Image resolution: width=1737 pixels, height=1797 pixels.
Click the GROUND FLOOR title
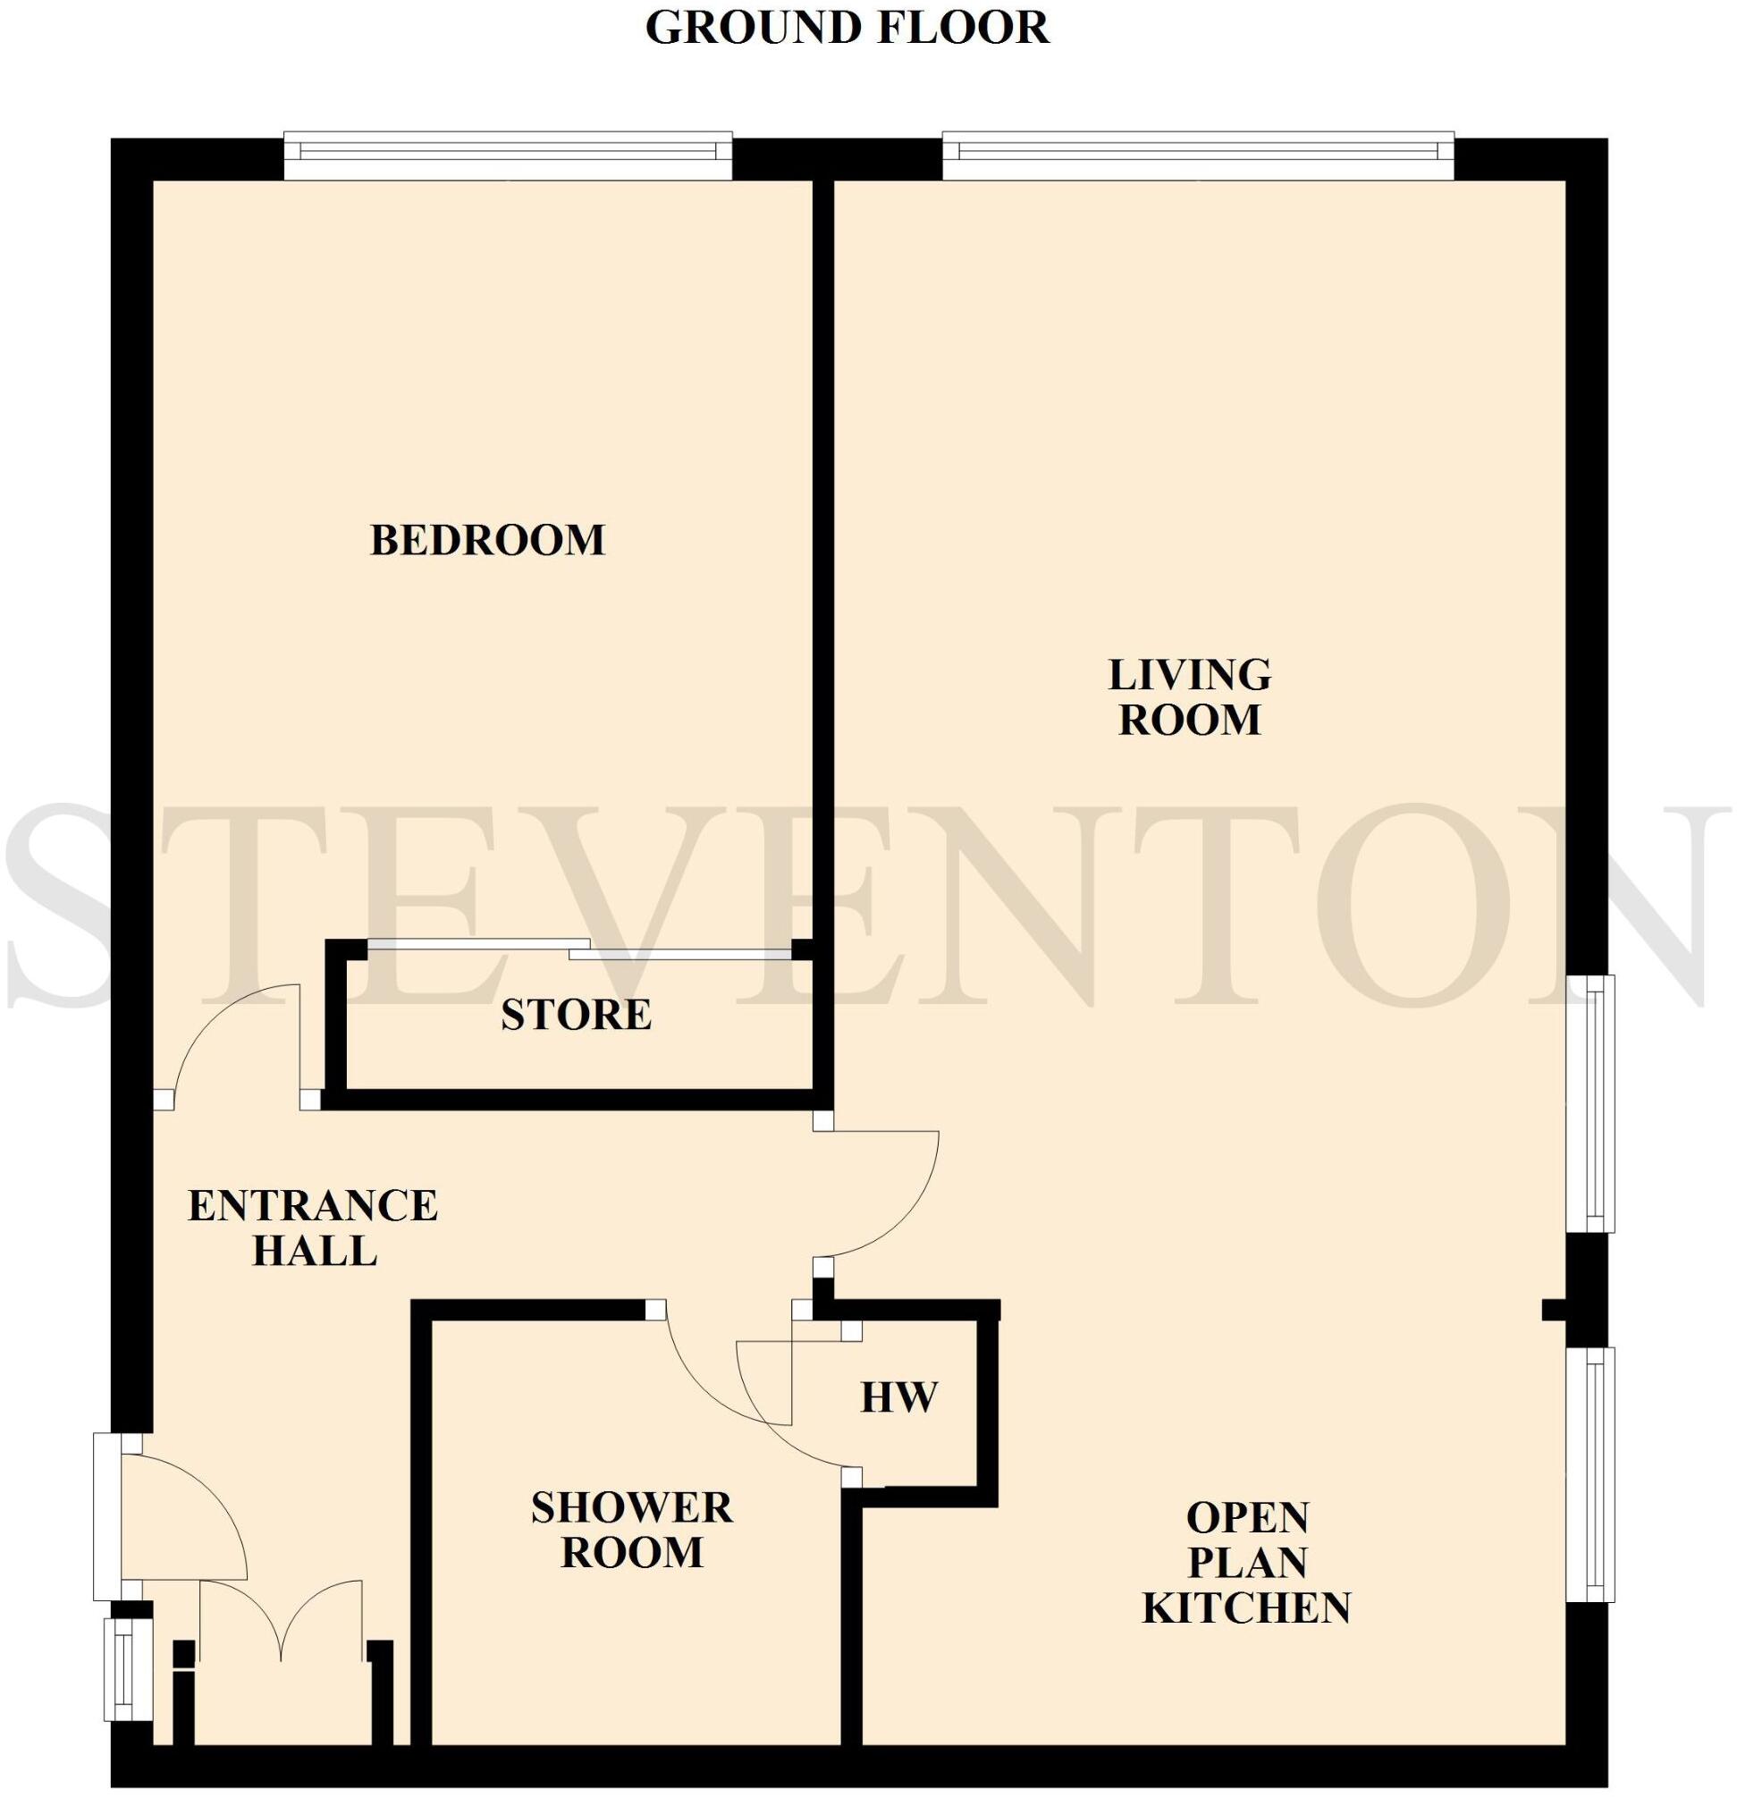pyautogui.click(x=847, y=28)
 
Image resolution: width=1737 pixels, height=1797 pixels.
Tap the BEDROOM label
pyautogui.click(x=487, y=541)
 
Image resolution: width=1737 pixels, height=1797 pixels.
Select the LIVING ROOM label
pyautogui.click(x=1190, y=697)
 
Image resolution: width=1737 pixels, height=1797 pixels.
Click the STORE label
pyautogui.click(x=576, y=1016)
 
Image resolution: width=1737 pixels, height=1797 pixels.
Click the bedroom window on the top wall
pyautogui.click(x=508, y=156)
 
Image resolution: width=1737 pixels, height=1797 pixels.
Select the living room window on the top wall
pyautogui.click(x=1197, y=156)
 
